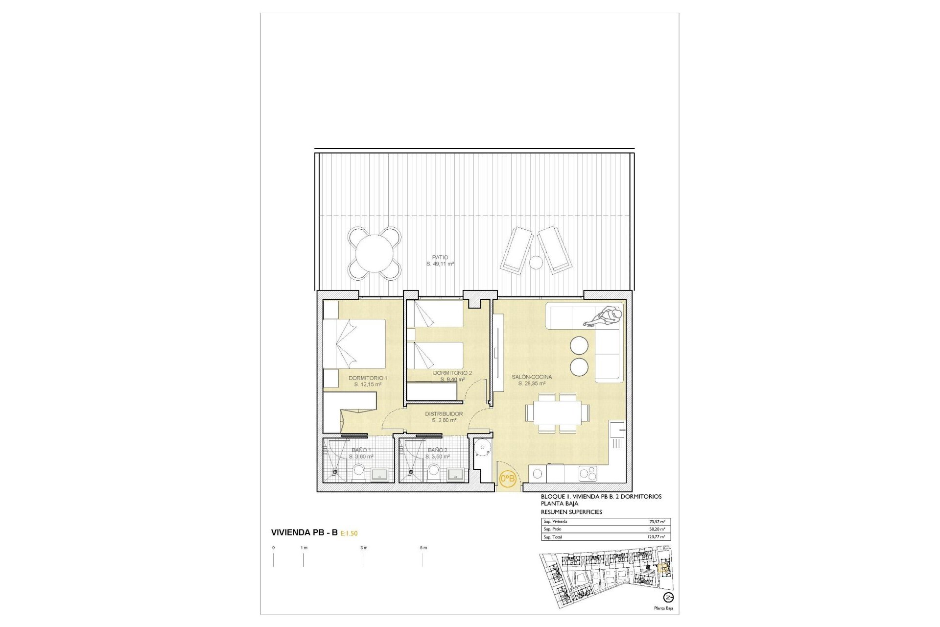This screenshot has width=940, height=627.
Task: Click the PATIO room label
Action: (x=440, y=257)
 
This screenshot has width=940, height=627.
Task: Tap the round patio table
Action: (x=375, y=253)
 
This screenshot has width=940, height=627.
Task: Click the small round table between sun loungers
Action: (x=537, y=263)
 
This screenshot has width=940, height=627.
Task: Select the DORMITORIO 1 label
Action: (x=368, y=378)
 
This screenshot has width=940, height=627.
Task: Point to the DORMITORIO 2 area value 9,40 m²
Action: (x=452, y=380)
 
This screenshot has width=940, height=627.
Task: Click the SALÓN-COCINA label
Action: (x=532, y=377)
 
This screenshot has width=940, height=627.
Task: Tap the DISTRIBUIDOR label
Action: (x=444, y=414)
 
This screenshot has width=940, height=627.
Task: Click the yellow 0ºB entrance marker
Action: (x=507, y=478)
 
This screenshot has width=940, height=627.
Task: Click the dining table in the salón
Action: (x=557, y=413)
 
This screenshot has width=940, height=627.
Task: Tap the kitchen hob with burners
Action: (x=588, y=473)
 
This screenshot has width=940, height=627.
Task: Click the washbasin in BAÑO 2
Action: (x=456, y=474)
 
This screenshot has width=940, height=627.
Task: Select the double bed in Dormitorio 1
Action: (x=354, y=343)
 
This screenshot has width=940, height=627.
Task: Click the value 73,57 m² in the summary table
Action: (x=657, y=522)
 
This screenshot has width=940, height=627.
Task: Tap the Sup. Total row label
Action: (x=553, y=537)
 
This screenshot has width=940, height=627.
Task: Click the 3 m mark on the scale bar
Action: (x=363, y=548)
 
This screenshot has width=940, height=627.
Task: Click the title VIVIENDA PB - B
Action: (x=304, y=532)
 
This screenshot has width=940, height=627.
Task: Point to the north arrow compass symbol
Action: (x=668, y=597)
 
